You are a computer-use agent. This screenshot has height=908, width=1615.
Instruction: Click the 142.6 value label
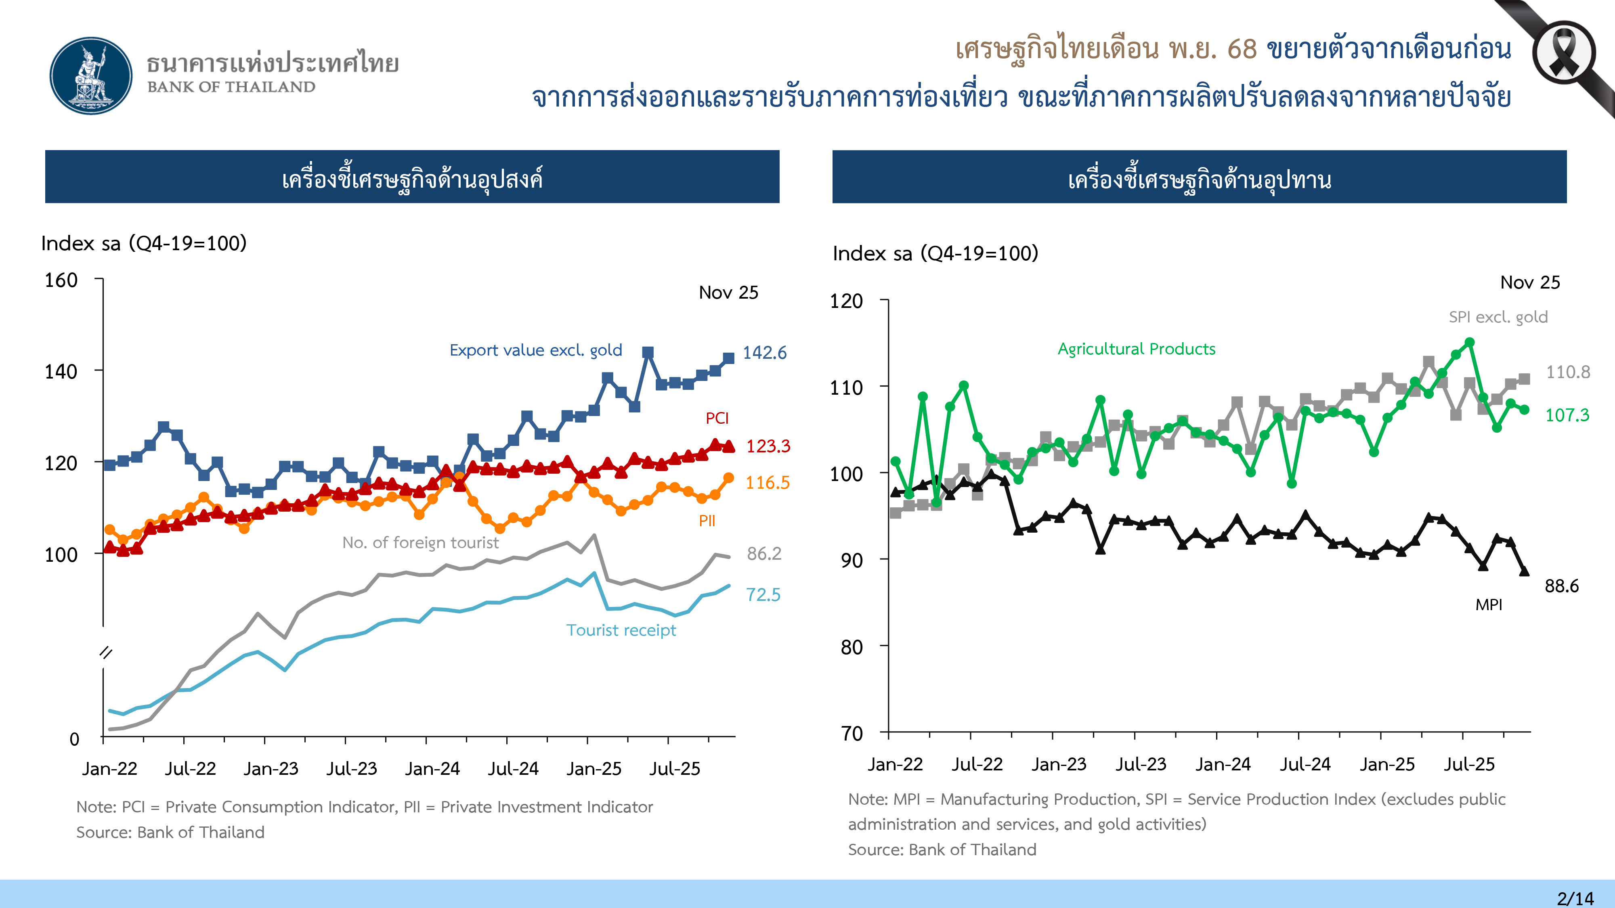point(764,353)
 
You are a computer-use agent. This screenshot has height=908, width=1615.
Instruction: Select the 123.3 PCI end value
point(768,446)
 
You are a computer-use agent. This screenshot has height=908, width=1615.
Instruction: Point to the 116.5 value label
point(767,483)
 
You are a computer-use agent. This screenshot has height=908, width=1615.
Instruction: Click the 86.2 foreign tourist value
point(763,553)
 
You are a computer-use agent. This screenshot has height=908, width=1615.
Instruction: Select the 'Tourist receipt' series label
point(621,630)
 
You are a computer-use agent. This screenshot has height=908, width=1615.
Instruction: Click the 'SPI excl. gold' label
point(1498,317)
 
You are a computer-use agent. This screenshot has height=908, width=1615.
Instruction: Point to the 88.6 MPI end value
point(1561,586)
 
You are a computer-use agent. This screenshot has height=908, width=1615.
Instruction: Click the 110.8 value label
point(1567,372)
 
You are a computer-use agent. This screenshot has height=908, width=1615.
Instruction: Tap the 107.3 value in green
point(1567,415)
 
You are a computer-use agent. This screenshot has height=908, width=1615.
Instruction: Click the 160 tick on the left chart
point(61,280)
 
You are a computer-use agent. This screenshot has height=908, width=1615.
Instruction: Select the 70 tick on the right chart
point(852,733)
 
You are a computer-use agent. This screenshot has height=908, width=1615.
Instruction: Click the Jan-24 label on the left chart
point(432,769)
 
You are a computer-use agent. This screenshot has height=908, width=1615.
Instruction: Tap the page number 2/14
point(1575,898)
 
